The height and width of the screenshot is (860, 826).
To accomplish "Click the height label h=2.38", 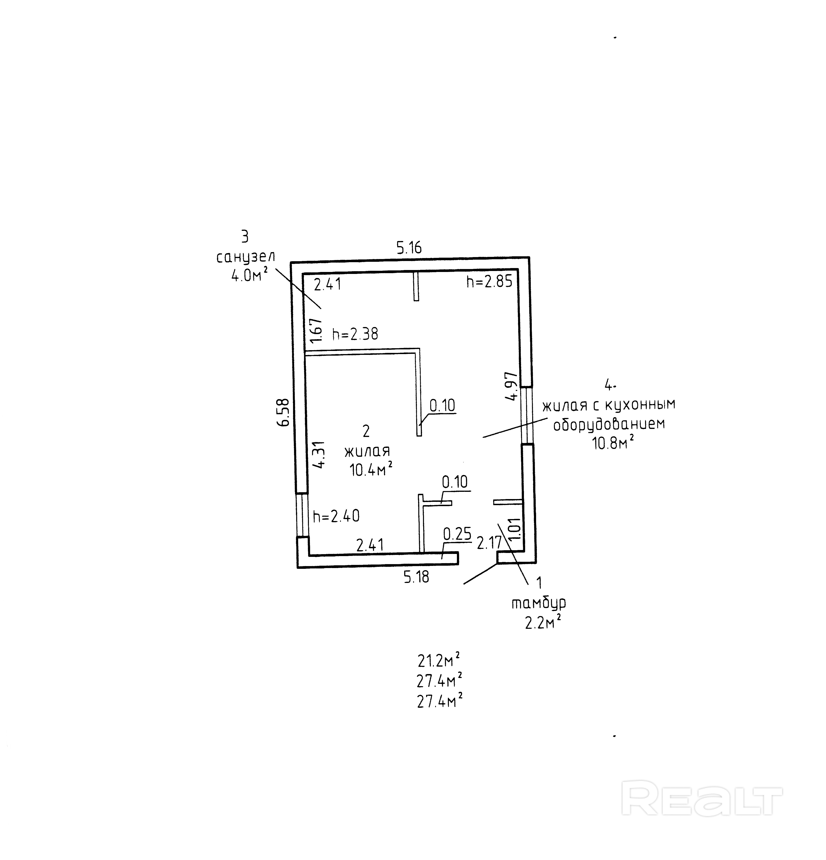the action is (355, 334).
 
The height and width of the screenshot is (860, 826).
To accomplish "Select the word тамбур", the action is (538, 603).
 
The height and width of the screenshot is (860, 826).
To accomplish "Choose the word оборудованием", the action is (609, 424).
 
